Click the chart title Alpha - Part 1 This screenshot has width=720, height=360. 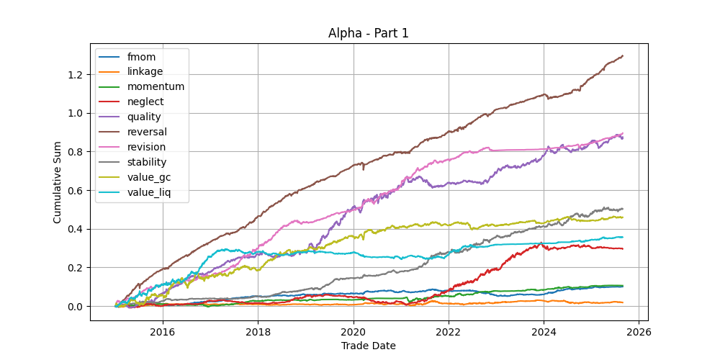point(369,33)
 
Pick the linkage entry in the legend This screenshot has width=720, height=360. point(145,71)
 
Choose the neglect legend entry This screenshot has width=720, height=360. point(144,102)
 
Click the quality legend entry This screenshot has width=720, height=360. point(144,117)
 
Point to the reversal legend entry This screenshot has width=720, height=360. point(147,132)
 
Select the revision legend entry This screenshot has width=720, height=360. point(146,147)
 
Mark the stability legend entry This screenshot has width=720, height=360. point(147,162)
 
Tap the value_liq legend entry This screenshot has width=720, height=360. point(149,192)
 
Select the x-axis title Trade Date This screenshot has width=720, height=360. point(369,346)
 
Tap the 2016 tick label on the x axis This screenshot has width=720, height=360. point(163,332)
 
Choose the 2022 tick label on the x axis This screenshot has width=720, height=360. point(449,332)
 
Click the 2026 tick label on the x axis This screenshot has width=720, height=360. point(639,332)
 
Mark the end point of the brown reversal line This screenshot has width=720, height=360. point(623,55)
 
